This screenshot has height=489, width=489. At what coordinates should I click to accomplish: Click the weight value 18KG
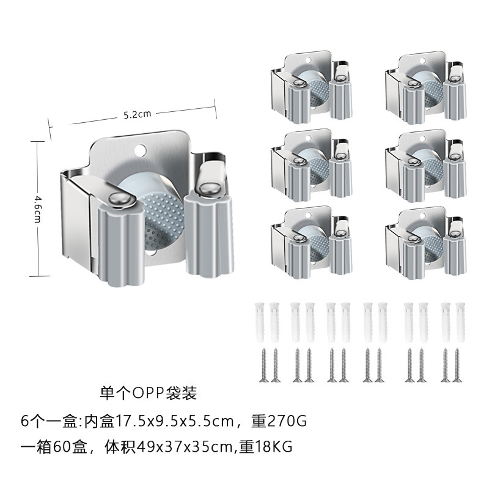(275, 447)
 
